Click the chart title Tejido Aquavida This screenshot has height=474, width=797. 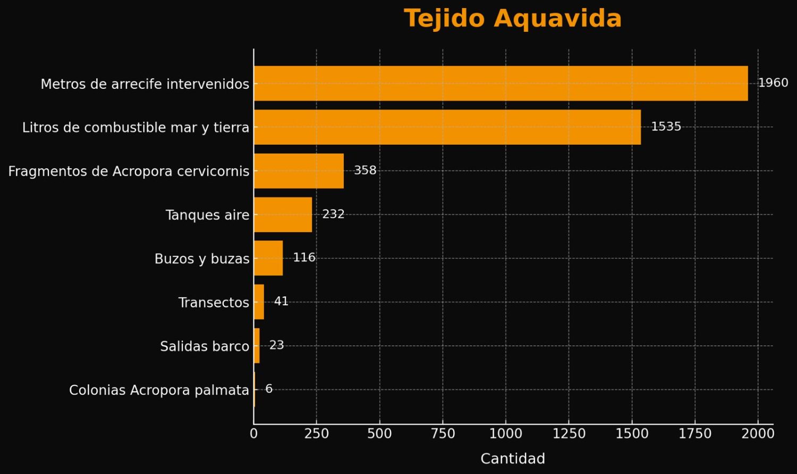click(512, 19)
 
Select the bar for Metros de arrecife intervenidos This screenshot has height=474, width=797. click(501, 84)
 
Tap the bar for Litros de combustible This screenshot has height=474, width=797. click(447, 127)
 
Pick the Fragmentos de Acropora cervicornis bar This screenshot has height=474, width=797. click(299, 171)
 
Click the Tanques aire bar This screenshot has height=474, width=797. click(283, 214)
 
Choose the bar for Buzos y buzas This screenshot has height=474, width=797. click(268, 258)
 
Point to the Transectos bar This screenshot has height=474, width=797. click(259, 302)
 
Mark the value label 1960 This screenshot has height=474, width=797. click(773, 83)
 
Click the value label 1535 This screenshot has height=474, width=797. click(666, 127)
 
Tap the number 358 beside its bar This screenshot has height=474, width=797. click(365, 170)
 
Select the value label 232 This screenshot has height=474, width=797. click(333, 214)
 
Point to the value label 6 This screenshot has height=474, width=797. click(269, 389)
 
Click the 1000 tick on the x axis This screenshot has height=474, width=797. click(505, 434)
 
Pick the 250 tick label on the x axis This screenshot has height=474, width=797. click(316, 434)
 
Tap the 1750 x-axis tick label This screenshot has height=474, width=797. click(695, 434)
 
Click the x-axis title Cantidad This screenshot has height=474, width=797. click(512, 459)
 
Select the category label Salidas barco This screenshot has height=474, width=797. click(205, 346)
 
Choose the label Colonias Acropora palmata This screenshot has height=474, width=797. click(159, 390)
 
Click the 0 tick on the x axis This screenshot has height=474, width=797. click(253, 434)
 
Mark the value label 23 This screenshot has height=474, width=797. click(276, 345)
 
